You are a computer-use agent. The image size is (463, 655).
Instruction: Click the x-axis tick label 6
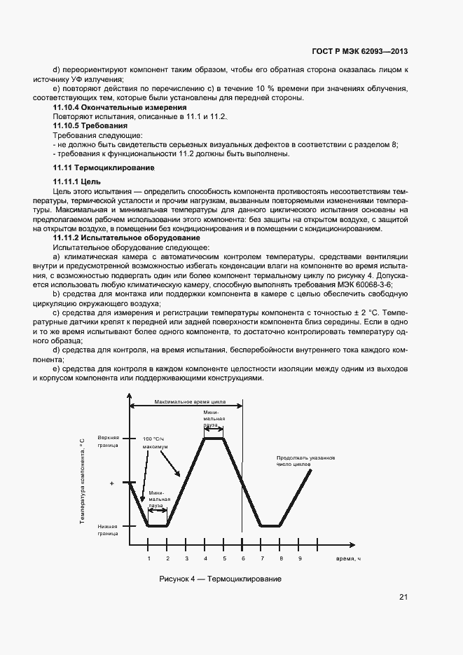click(x=244, y=558)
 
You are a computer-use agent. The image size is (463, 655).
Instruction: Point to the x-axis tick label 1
click(x=148, y=558)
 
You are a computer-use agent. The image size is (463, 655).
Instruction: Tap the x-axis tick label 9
click(x=300, y=558)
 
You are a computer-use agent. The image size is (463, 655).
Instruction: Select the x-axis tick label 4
click(x=205, y=558)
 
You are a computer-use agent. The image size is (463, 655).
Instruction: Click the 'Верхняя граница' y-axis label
click(x=109, y=441)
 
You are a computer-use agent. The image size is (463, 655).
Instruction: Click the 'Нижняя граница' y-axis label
click(x=109, y=530)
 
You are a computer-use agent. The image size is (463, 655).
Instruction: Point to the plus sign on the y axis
click(x=112, y=483)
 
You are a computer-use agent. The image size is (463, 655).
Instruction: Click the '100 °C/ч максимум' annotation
click(x=156, y=441)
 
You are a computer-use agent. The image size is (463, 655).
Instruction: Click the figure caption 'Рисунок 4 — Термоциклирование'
click(x=221, y=579)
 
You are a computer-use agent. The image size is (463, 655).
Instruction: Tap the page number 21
click(x=403, y=597)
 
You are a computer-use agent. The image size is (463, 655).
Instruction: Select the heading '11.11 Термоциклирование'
click(x=104, y=169)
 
